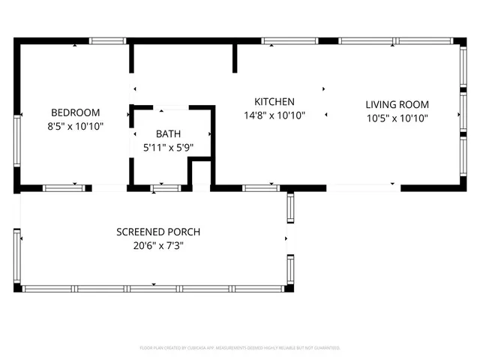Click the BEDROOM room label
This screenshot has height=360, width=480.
tap(76, 112)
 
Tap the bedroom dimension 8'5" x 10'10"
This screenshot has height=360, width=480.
tap(76, 127)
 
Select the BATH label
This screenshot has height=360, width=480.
tap(168, 133)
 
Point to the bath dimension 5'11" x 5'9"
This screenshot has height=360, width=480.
tap(168, 148)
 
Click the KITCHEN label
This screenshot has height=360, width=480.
tap(274, 101)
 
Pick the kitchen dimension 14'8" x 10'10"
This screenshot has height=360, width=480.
tap(274, 115)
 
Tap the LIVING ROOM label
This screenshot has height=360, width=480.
tap(396, 104)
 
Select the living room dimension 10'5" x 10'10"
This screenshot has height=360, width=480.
tap(396, 118)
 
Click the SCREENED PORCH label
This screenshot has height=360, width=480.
tap(158, 232)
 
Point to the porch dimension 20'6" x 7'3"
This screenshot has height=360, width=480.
tap(158, 246)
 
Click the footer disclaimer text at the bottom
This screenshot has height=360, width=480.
tap(240, 348)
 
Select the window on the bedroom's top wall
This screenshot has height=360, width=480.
tap(107, 40)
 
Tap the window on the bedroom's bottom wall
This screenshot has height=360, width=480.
tap(63, 187)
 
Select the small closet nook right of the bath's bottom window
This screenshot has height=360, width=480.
tap(199, 174)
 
